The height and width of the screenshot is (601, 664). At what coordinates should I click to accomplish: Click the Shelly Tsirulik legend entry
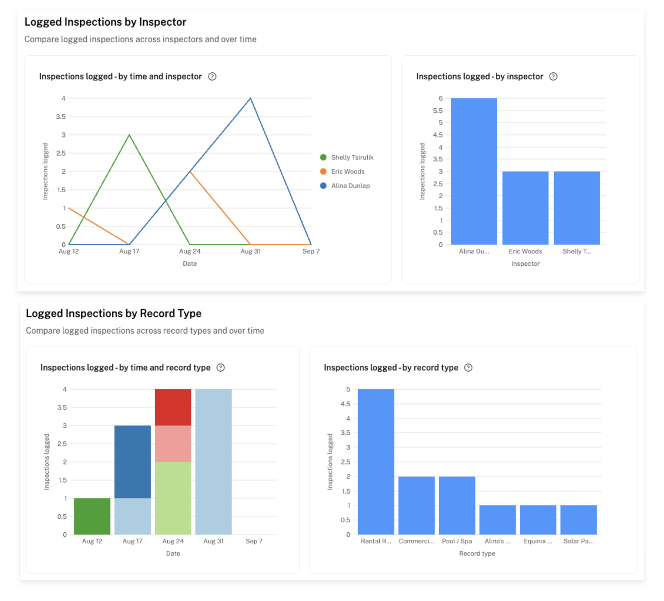352,158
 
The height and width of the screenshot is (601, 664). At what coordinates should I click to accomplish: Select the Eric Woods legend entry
348,172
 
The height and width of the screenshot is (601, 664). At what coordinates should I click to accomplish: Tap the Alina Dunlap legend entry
350,186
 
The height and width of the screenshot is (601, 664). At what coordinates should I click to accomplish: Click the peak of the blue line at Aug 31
251,98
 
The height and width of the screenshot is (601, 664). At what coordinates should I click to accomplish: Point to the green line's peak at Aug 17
130,135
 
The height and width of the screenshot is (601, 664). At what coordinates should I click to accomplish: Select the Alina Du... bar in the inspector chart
474,172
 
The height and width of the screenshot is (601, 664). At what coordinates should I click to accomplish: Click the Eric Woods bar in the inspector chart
525,208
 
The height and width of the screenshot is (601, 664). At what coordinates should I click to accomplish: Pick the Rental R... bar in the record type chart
376,462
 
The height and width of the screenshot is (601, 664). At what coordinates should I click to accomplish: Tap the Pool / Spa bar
457,505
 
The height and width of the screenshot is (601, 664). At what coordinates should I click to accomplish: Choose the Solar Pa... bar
579,520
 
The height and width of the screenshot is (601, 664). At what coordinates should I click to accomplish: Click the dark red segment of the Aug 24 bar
173,407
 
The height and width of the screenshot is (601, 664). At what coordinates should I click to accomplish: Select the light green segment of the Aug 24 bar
173,498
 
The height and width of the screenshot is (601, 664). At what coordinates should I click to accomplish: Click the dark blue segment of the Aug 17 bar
133,462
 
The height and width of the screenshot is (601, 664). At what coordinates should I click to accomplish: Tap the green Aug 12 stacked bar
92,516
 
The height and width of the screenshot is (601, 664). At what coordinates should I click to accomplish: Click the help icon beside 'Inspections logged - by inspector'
554,77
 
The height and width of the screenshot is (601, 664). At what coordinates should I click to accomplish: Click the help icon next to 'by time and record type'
220,368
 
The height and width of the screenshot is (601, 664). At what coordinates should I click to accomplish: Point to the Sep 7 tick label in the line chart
311,251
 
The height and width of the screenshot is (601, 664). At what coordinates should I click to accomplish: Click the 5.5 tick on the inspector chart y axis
438,111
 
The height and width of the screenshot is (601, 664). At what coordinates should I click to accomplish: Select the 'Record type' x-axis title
477,553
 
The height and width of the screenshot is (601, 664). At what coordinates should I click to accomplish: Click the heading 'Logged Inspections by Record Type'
114,314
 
